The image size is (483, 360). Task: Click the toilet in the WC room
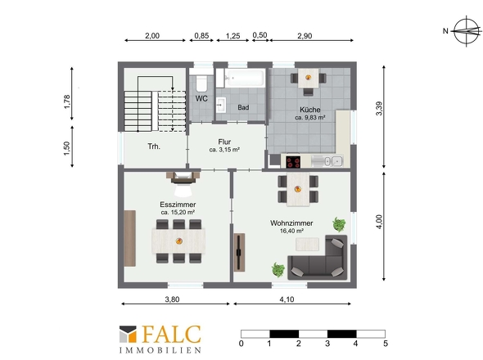pos(201,82)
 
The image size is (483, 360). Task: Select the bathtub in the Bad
pos(245,78)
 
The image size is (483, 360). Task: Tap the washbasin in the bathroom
pos(221,105)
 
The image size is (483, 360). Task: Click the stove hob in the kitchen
pos(293,162)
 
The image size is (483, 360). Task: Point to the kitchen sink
pos(327,161)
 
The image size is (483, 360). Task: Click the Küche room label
pos(310,110)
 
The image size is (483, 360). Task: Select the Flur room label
pos(224,142)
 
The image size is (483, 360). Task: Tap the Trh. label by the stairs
pos(154,146)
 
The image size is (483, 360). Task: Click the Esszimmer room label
pos(178,205)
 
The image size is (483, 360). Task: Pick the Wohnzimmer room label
pos(291,223)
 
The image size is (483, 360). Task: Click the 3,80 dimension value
pos(172,299)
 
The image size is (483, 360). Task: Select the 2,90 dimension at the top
pos(305,36)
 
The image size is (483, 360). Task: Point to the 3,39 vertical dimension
pos(379,108)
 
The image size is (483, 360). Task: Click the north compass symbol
pos(467,31)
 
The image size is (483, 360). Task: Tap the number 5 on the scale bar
pos(386,344)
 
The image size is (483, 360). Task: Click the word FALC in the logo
pos(172,335)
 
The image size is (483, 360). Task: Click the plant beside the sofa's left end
pos(278,270)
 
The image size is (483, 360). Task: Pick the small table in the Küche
pos(308,78)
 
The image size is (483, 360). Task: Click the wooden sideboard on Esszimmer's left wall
pos(130,238)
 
